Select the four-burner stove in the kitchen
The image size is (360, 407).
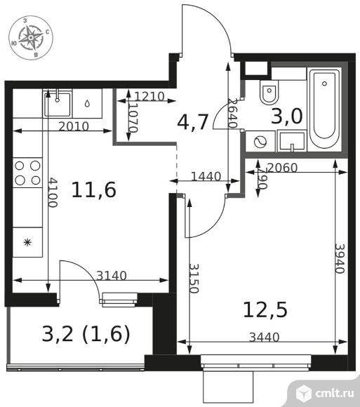click(27, 173)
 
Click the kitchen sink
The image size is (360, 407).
click(57, 103)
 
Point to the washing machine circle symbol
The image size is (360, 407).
click(259, 141)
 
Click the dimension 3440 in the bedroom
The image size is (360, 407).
click(264, 338)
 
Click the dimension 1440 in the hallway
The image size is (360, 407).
click(206, 176)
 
